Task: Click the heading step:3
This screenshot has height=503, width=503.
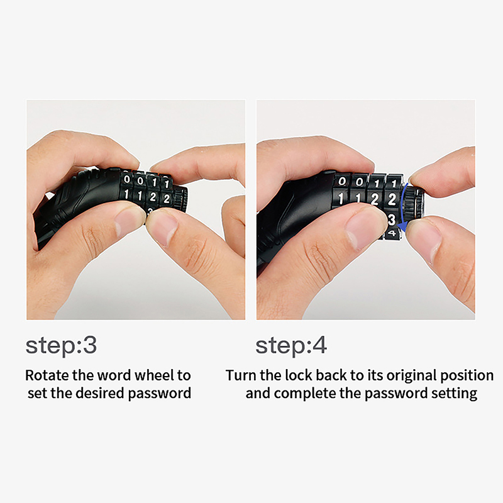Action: click(x=61, y=345)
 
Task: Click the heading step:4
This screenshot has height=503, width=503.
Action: click(x=291, y=345)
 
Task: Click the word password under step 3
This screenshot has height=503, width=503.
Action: click(x=160, y=394)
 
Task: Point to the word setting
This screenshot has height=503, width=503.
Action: click(x=454, y=394)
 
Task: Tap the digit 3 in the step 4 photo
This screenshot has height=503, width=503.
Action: click(x=391, y=219)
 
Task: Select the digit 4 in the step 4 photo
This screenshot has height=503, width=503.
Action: click(x=391, y=233)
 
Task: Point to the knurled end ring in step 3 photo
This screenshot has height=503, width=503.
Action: click(x=180, y=197)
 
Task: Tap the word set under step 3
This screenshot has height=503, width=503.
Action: click(x=37, y=393)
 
